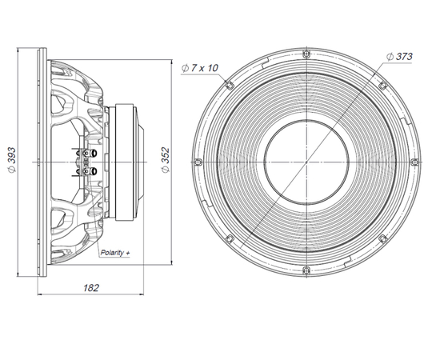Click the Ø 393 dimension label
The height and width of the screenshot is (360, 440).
[x=12, y=160]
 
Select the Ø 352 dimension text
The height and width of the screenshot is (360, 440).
[x=166, y=160]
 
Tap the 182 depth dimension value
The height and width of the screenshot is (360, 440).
[x=91, y=288]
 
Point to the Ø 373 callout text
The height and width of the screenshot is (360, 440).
[x=399, y=57]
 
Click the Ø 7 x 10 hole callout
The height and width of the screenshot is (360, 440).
[x=199, y=68]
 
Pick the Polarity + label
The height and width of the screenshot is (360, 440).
[x=115, y=253]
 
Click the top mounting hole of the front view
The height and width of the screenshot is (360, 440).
[x=306, y=54]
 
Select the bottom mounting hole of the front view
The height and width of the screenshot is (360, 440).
[x=306, y=270]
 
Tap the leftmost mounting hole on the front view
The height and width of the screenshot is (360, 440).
[x=198, y=162]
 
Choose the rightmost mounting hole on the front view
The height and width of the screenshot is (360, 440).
[x=415, y=162]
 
